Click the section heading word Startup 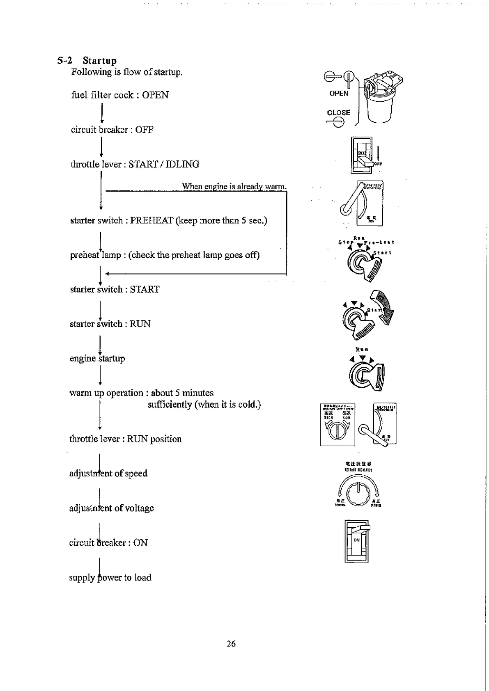100,61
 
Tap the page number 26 231,643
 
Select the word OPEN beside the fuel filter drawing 339,94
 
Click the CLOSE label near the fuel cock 339,112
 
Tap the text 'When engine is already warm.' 234,186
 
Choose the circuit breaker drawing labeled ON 357,541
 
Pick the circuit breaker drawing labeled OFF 361,155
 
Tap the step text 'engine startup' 97,358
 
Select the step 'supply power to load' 110,577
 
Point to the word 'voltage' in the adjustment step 139,508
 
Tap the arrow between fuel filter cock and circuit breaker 101,113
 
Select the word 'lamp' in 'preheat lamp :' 111,255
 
